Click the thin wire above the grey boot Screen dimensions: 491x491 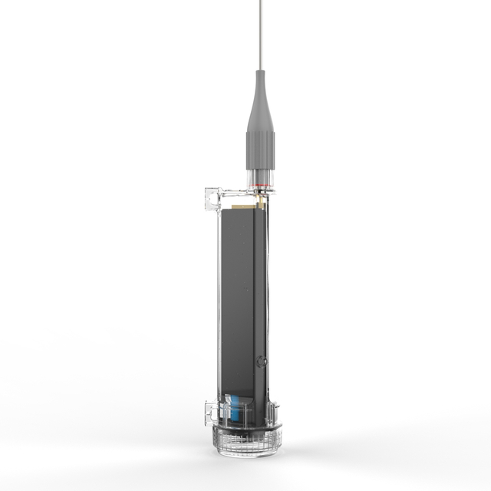[x=261, y=35]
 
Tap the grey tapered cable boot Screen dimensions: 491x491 [x=261, y=107]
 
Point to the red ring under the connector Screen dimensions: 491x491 [x=261, y=186]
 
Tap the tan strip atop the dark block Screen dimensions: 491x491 [x=243, y=206]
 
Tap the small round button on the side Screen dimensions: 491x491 [x=262, y=361]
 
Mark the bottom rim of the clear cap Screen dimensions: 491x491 [x=249, y=452]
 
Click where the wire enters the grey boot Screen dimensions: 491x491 [x=261, y=71]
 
